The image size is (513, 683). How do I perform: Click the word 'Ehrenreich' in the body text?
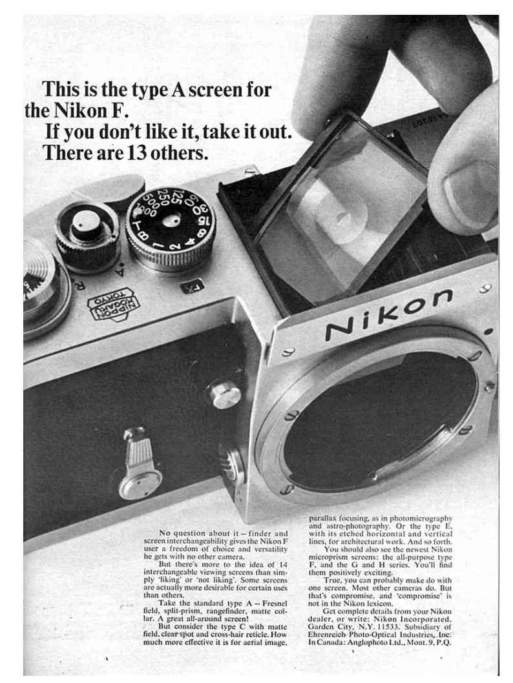point(326,635)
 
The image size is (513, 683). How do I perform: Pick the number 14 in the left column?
point(282,564)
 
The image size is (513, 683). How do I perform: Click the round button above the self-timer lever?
point(225,394)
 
